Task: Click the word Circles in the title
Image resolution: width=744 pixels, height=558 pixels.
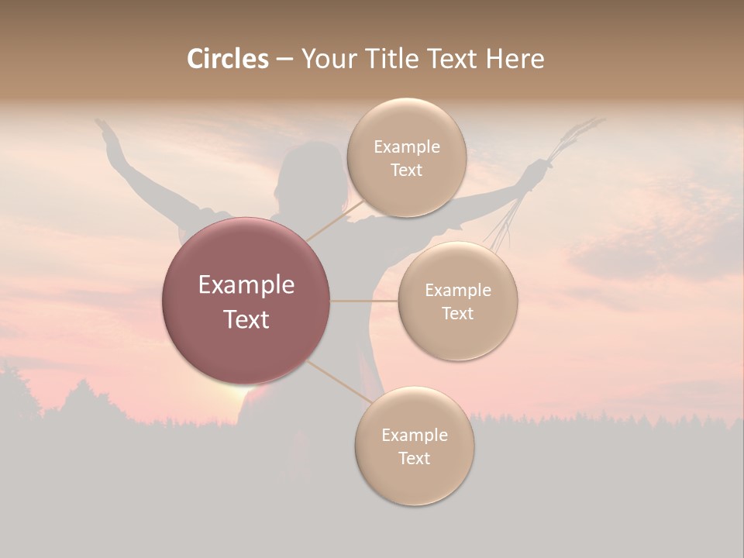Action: click(227, 59)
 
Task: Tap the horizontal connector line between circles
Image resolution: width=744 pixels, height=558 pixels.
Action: click(363, 301)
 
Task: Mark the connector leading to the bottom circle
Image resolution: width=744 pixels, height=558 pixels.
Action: click(339, 381)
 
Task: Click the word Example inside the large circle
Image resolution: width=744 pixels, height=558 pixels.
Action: click(246, 285)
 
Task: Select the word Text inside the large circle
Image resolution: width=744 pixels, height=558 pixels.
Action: click(246, 319)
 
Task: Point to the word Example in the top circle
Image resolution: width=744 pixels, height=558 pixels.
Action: click(406, 147)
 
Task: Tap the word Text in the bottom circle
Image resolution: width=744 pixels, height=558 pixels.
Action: click(414, 458)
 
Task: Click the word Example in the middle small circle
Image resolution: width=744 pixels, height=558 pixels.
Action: click(457, 291)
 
